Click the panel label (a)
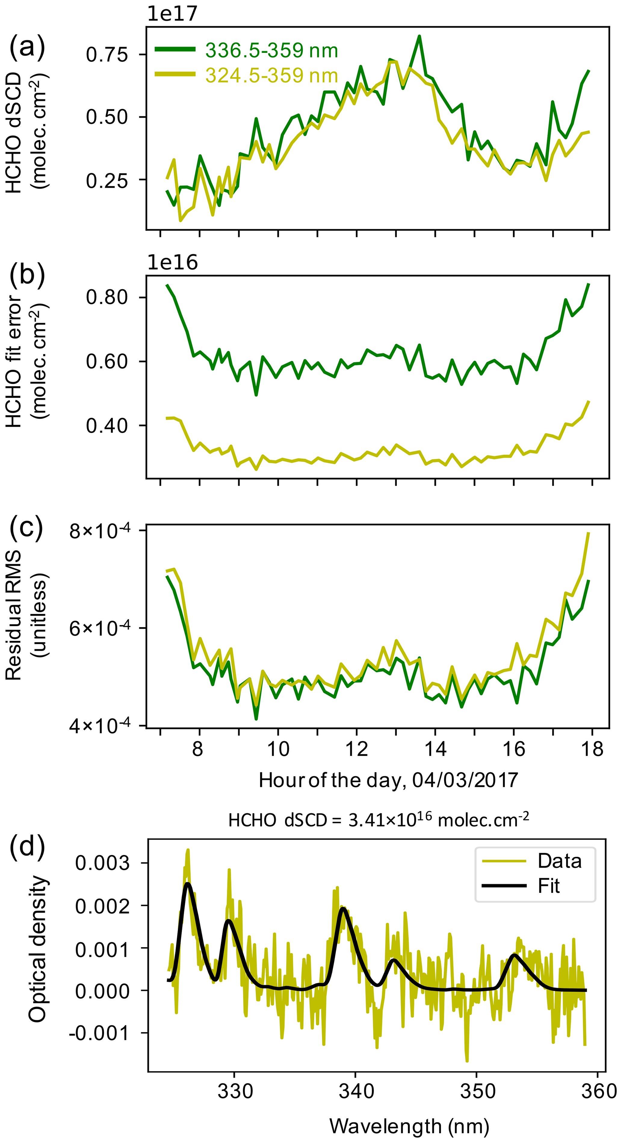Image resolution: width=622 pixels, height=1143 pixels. [x=27, y=46]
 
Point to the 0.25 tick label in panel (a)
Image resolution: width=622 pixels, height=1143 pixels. [x=107, y=180]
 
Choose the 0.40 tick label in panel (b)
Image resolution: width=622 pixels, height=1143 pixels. [x=107, y=426]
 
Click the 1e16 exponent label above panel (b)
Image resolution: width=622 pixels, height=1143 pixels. [x=172, y=263]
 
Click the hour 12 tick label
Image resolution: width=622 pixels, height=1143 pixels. [x=357, y=749]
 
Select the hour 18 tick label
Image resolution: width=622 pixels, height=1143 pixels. [x=592, y=749]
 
